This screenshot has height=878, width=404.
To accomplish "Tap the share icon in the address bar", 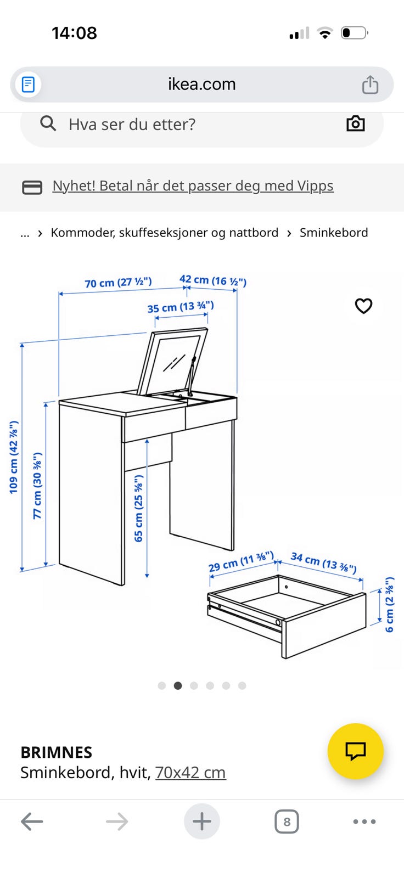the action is coord(370,85).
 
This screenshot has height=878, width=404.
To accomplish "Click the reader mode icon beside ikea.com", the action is coord(28,85).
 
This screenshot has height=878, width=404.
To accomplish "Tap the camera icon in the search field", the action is coord(355,124).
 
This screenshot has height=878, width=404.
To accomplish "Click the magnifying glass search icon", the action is coord(48,123).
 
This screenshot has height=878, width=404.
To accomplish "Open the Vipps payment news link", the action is coord(193,186).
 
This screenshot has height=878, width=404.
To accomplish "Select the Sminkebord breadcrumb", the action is coord(334,233).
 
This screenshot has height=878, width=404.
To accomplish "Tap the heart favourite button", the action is coord(363,306).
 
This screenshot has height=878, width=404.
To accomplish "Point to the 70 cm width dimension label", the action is coord(118,282).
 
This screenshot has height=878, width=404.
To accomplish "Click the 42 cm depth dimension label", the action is coord(213,280).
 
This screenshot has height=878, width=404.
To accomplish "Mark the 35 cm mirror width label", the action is coord(181,307).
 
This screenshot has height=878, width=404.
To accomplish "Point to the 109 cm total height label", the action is coord(14,457).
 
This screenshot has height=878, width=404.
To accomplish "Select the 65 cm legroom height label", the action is coord(138,508).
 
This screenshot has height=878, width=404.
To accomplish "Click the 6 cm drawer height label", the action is coord(389,604).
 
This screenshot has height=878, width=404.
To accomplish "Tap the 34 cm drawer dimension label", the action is coord(324,562).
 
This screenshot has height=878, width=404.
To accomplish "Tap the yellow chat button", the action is coord(355,751).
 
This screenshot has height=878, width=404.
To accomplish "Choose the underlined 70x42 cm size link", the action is coord(190,773).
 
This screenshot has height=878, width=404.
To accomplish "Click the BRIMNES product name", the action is coord(57,752).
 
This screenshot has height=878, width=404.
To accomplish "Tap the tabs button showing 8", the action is coord(287,821).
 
